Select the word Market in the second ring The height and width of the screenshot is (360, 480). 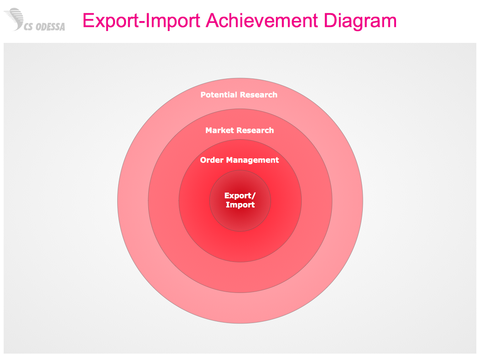coord(219,130)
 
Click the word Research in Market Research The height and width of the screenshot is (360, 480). coord(255,130)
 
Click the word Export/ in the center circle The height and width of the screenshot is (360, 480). coord(240,196)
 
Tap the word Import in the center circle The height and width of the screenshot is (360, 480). coord(240,205)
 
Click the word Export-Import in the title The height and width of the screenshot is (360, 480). coord(141,21)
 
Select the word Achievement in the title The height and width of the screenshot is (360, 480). coord(262,21)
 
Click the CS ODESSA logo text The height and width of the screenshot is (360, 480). coord(44,27)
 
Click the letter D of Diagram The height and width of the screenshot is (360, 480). coord(331,21)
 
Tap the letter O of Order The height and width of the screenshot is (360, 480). coord(203,160)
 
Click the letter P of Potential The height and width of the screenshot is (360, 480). coord(203,94)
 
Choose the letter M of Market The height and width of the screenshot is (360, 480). coord(209,130)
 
